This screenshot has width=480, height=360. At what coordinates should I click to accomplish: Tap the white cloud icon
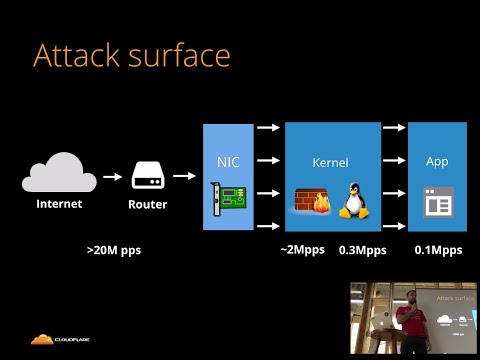[59, 173]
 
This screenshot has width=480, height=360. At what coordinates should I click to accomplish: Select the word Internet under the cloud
[59, 204]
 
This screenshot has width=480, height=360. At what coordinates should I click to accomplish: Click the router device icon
[147, 176]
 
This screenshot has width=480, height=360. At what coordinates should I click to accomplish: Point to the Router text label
[147, 204]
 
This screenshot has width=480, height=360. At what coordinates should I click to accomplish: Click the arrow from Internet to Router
[108, 176]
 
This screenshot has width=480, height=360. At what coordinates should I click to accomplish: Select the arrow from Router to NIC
[182, 176]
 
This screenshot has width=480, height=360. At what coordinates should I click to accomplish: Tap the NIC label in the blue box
[228, 161]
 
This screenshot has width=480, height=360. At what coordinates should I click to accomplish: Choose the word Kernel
[332, 161]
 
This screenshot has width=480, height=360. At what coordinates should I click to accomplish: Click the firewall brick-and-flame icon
[311, 201]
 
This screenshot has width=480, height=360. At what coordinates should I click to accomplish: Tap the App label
[437, 161]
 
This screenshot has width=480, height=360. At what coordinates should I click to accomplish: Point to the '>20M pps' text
[114, 249]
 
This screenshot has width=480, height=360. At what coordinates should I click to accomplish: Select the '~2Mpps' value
[302, 249]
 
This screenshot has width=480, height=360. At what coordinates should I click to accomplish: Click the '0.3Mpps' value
[362, 249]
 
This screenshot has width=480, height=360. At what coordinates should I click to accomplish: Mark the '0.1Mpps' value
[438, 249]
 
